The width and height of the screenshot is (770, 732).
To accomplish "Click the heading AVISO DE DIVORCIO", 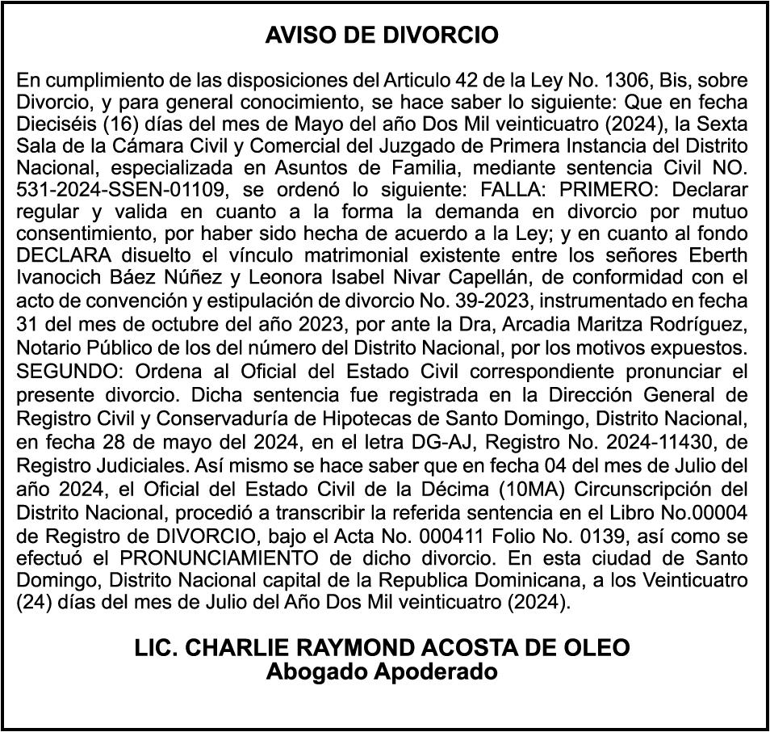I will (383, 36).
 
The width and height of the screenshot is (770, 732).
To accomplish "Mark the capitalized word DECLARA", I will (61, 255).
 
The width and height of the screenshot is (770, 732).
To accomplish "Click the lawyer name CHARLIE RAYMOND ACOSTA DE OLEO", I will (383, 649).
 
